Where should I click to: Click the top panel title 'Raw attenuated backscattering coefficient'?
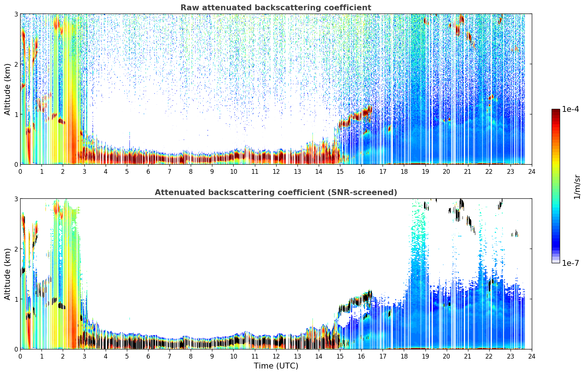(276, 8)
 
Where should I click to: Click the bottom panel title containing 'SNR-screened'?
(276, 192)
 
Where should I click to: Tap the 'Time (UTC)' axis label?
(276, 366)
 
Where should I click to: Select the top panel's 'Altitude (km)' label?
(7, 89)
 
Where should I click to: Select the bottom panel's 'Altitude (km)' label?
(7, 274)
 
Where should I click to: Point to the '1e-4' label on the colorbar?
(570, 109)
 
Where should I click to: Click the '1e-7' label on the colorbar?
(570, 263)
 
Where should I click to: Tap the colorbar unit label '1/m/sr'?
(577, 187)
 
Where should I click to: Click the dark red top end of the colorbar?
(556, 110)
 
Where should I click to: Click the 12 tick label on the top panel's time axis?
(276, 172)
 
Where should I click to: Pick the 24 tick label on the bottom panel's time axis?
(532, 356)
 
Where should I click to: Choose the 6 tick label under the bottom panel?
(148, 356)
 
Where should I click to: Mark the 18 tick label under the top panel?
(404, 172)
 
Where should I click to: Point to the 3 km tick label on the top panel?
(16, 14)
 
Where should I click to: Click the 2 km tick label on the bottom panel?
(16, 249)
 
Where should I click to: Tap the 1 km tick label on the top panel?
(16, 114)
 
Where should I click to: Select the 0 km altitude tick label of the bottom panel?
(16, 349)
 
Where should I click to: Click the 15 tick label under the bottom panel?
(340, 356)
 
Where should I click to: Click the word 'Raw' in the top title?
(190, 8)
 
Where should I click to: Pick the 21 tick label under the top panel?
(468, 172)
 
